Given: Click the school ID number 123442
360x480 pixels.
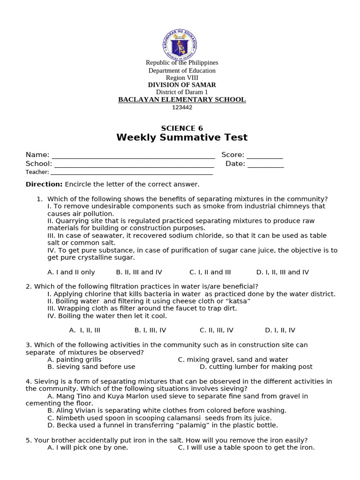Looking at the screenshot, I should (x=182, y=107).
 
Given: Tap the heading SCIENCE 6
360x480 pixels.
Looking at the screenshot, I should (x=182, y=128).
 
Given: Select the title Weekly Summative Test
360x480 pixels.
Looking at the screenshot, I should (x=182, y=137).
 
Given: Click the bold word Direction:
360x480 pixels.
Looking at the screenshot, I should (x=44, y=184).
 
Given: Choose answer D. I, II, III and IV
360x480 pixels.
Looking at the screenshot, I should (x=282, y=272).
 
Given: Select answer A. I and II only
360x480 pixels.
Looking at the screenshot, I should (x=71, y=272).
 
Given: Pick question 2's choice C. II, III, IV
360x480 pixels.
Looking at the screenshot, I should (x=217, y=330).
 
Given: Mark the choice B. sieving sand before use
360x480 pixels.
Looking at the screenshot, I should (x=91, y=367).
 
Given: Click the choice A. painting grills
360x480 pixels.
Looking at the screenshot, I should (x=75, y=360).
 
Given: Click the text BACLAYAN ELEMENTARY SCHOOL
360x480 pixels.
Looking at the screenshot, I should (x=182, y=99).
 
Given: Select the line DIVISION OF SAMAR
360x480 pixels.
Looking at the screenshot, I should (x=182, y=85).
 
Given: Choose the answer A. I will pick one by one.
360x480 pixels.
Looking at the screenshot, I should (x=88, y=447).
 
